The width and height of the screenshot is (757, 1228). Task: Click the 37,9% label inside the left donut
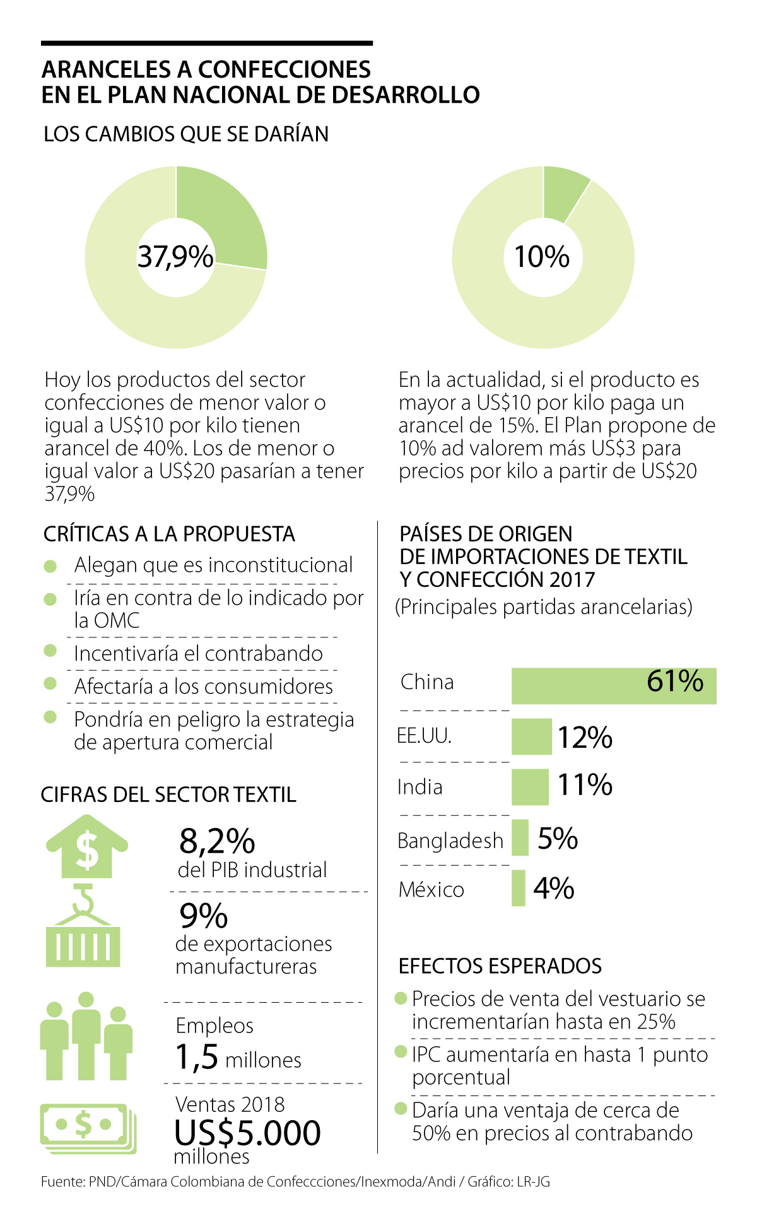175,257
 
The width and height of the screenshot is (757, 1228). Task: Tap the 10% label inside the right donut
542,257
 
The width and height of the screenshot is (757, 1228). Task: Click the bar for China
613,686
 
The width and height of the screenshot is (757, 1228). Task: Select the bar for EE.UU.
531,736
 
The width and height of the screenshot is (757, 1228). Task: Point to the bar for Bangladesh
520,838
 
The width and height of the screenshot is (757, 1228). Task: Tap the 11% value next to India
585,785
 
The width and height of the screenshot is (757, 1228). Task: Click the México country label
431,890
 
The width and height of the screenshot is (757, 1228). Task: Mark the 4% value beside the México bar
553,889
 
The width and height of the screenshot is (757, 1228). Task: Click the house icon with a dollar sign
87,847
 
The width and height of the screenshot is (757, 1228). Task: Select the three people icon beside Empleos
86,1036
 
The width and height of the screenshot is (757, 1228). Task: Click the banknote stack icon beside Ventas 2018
88,1128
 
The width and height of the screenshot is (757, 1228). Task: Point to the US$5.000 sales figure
247,1133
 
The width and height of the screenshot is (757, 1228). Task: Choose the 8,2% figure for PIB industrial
217,841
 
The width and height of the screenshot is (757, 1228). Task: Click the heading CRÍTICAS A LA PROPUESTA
169,534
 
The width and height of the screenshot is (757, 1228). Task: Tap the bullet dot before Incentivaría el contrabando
50,651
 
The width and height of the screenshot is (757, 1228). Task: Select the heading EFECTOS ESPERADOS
500,966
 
